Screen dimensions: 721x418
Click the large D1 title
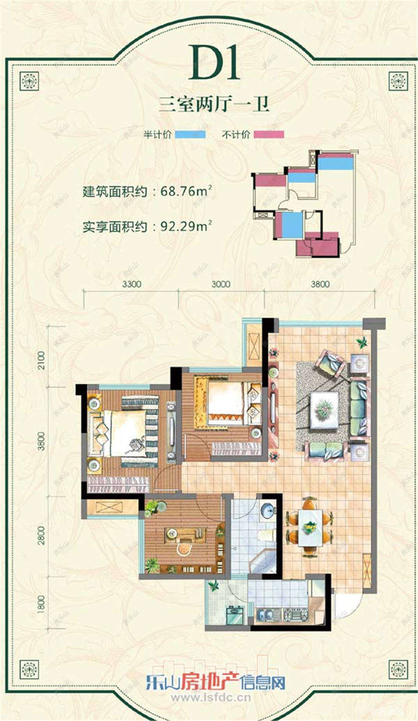pyautogui.click(x=214, y=62)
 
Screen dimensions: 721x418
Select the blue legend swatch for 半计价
pyautogui.click(x=190, y=134)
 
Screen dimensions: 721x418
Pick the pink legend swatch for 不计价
pyautogui.click(x=269, y=134)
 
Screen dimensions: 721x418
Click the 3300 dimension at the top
pyautogui.click(x=132, y=285)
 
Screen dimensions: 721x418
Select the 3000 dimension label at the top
pyautogui.click(x=221, y=285)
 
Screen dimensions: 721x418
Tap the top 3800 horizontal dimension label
pyautogui.click(x=320, y=285)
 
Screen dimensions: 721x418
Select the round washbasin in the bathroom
pyautogui.click(x=267, y=511)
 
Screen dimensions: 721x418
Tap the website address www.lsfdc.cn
pyautogui.click(x=211, y=697)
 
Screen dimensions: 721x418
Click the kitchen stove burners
pyautogui.click(x=295, y=614)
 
